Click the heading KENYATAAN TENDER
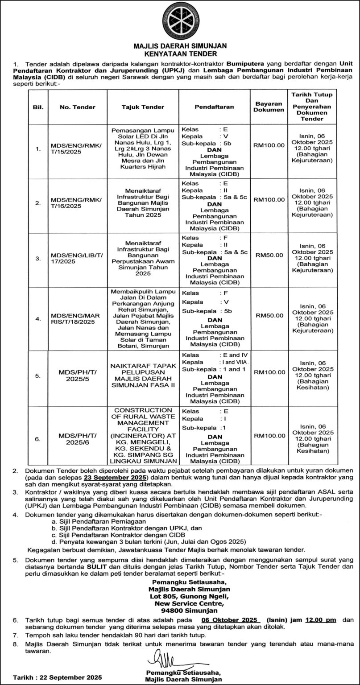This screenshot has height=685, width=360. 180,53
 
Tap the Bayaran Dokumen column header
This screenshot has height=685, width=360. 269,107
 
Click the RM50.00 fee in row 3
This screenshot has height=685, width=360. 269,255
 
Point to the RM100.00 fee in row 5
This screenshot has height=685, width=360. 269,372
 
